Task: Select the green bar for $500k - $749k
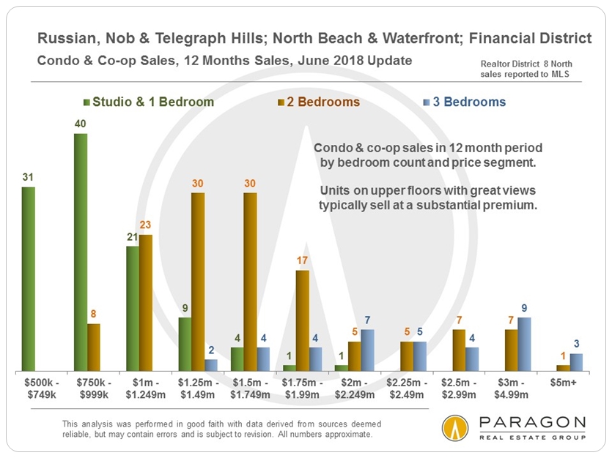tap(28, 279)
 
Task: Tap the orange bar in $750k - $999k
tap(94, 347)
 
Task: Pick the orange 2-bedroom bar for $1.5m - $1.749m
tap(251, 282)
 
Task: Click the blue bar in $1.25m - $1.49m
tap(211, 364)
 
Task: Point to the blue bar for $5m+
tap(578, 362)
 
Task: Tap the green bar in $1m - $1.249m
tap(133, 308)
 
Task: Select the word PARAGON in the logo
tap(532, 423)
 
